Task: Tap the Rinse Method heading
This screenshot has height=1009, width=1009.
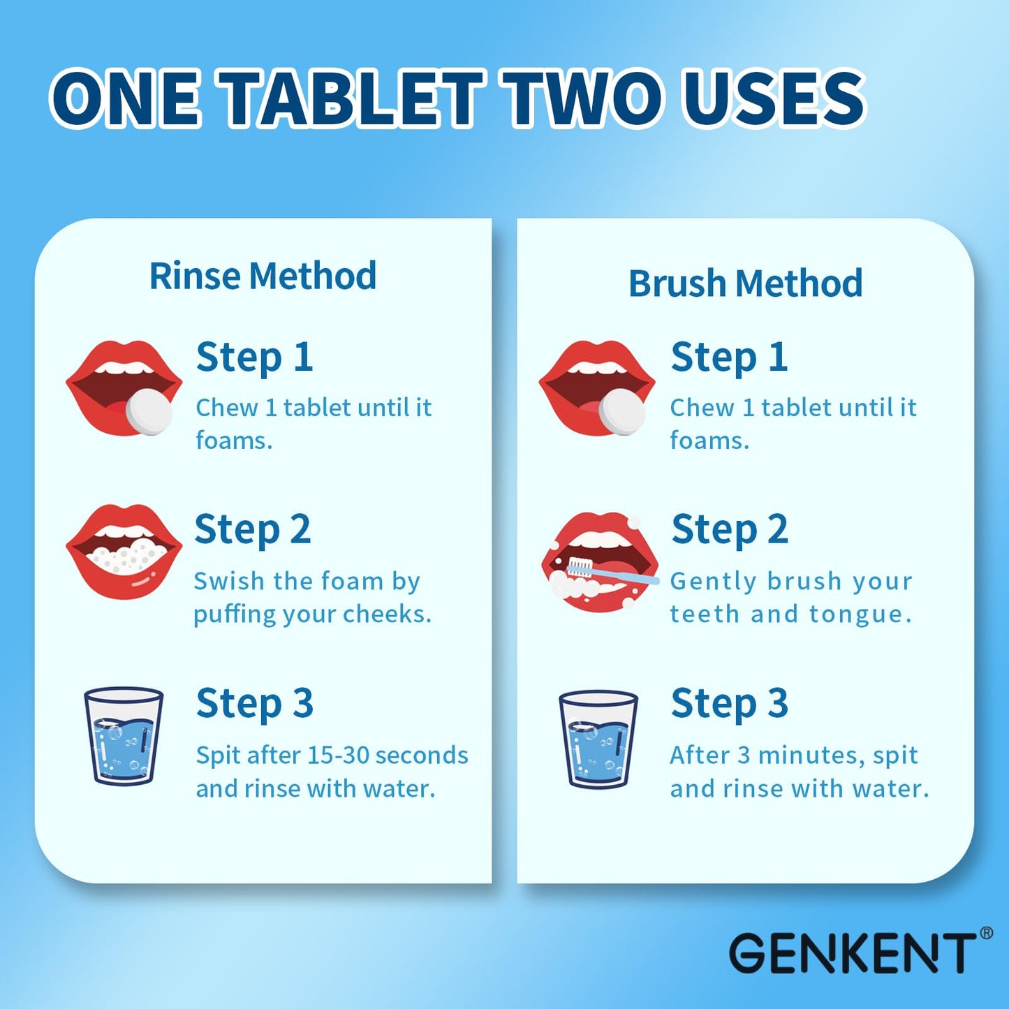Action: [x=263, y=276]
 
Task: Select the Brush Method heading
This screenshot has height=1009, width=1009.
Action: [x=745, y=283]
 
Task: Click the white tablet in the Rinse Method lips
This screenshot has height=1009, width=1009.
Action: [x=149, y=411]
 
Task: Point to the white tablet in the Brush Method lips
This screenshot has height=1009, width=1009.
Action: [x=622, y=411]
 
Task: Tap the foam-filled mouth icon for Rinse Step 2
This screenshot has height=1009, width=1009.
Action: [x=124, y=552]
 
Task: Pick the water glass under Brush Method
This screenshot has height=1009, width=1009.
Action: [x=598, y=739]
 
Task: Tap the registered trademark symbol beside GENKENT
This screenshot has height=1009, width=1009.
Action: [x=986, y=933]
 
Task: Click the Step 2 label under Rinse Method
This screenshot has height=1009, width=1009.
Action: [x=253, y=529]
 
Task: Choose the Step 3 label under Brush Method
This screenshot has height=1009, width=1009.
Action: [x=729, y=703]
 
